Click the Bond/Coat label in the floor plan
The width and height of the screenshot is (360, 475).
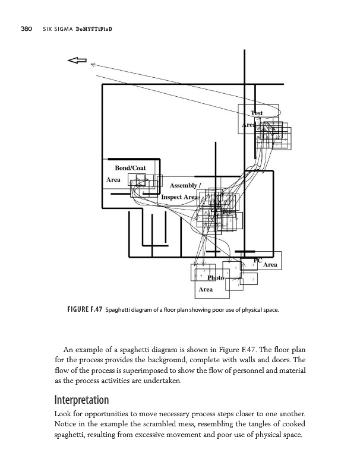126,167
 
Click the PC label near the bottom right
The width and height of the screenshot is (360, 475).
257,259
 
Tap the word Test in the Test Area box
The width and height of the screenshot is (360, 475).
257,113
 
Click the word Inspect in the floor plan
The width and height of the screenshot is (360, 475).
172,197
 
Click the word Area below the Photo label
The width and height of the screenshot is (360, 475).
206,290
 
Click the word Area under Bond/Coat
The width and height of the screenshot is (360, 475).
113,179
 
